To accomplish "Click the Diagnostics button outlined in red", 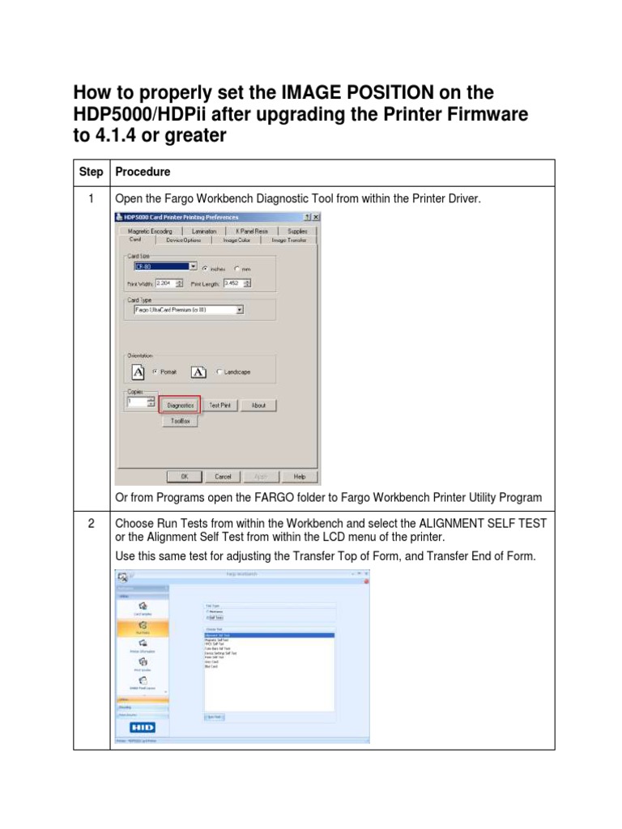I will pos(180,405).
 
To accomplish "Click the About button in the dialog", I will pos(258,405).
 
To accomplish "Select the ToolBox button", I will pos(179,421).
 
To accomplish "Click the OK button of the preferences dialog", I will pos(185,477).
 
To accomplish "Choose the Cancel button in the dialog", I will pos(223,477).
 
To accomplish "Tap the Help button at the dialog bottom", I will pos(300,477).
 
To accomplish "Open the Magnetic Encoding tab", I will pos(150,231).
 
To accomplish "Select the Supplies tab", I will pos(297,231).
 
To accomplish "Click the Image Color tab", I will pos(236,240).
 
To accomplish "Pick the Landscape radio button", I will pos(219,372).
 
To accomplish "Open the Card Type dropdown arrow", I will pos(240,309).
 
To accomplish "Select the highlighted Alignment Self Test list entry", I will pos(269,636).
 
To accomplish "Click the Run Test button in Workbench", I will pos(215,716).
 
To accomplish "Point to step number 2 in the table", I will pos(91,524).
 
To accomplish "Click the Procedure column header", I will pos(143,172).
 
